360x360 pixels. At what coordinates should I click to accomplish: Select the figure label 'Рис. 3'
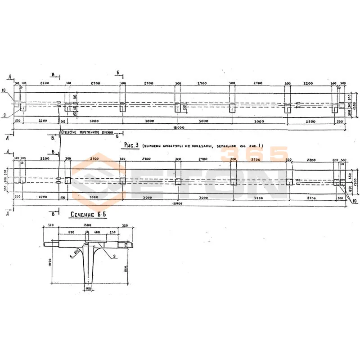(x=130, y=146)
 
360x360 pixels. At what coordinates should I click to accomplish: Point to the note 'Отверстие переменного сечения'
(x=86, y=132)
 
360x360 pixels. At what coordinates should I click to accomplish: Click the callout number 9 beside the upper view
(x=4, y=115)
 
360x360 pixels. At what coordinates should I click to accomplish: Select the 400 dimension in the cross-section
(x=96, y=232)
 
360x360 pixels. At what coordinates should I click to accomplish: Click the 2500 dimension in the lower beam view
(x=309, y=198)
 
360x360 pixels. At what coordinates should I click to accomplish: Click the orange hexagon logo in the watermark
(x=99, y=180)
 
